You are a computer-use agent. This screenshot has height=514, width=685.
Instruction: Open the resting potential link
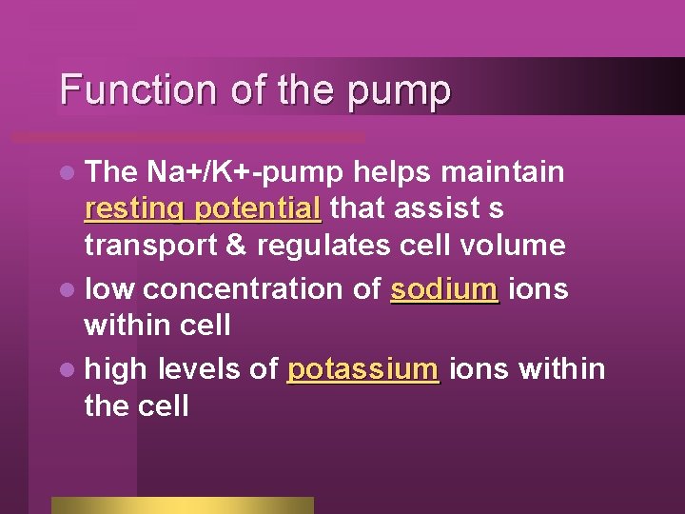[202, 208]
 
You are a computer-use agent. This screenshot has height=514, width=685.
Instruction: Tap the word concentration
[256, 287]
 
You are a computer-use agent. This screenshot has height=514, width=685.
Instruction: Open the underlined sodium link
[443, 287]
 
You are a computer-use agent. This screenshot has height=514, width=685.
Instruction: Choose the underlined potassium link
[362, 367]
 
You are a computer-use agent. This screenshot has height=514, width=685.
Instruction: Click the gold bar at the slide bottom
[182, 504]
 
